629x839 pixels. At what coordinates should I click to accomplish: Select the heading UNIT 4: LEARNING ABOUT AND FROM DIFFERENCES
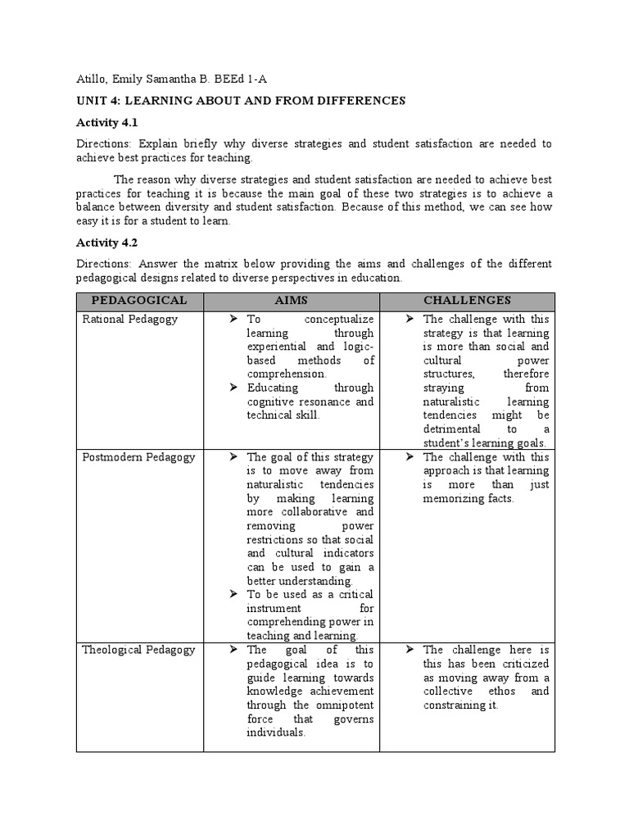coord(241,101)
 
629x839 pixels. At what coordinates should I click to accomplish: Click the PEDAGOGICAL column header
coord(139,301)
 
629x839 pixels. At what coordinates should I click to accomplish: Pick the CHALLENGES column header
coord(467,301)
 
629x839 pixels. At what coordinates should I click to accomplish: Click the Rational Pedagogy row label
coord(129,319)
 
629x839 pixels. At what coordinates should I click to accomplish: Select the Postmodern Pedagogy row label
coord(138,457)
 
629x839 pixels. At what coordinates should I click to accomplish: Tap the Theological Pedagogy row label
coord(138,650)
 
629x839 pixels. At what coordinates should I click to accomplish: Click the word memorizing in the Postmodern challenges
coord(454,498)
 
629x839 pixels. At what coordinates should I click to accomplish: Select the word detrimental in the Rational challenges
coord(453,429)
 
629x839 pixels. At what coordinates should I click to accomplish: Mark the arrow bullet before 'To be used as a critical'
coord(233,594)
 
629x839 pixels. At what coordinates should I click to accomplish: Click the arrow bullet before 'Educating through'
coord(233,388)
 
